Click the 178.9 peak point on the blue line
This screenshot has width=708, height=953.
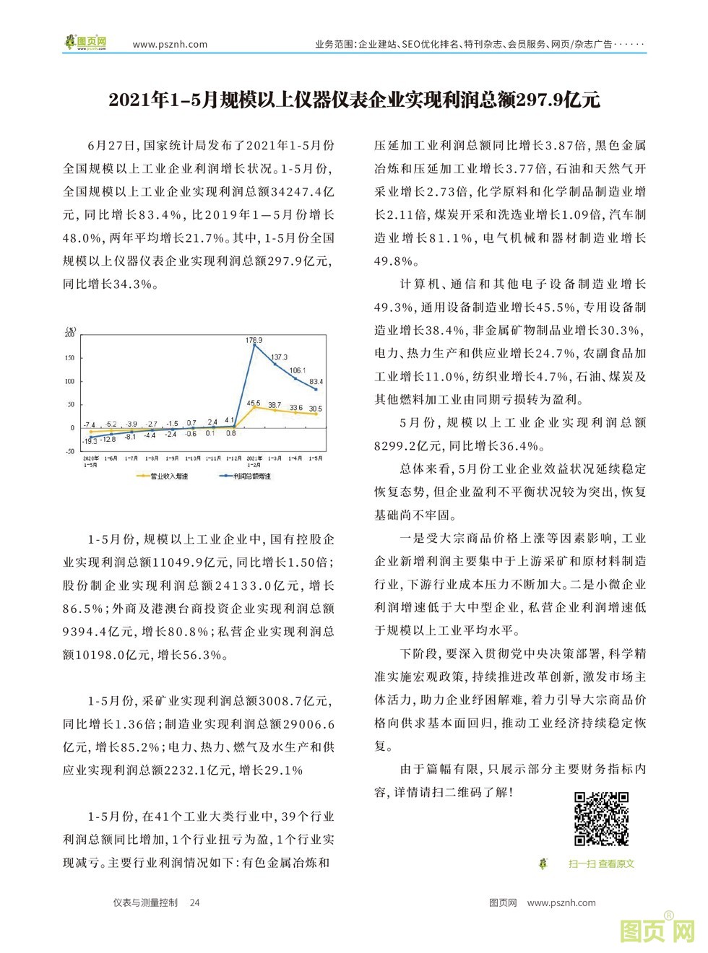[x=254, y=345]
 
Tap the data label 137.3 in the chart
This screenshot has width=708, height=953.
[x=279, y=357]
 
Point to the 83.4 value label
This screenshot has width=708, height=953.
[x=316, y=381]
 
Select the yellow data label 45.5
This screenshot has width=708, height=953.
[x=254, y=403]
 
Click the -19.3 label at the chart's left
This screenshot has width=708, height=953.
[x=89, y=440]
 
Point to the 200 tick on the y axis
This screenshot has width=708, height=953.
[x=69, y=334]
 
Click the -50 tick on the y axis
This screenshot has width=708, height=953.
[x=69, y=451]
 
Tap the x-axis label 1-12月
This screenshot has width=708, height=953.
[x=233, y=458]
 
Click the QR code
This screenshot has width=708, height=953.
[x=601, y=818]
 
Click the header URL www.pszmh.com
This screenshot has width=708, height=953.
[x=170, y=44]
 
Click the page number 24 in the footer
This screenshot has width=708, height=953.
[x=194, y=902]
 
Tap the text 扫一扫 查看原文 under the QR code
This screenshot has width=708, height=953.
[x=601, y=863]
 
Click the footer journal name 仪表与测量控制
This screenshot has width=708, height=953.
[x=145, y=902]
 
